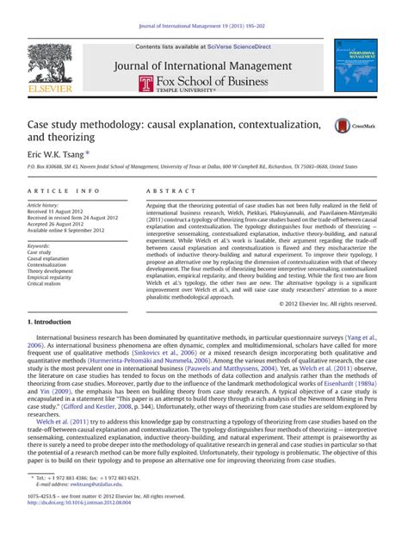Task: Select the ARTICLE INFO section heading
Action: click(56, 190)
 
